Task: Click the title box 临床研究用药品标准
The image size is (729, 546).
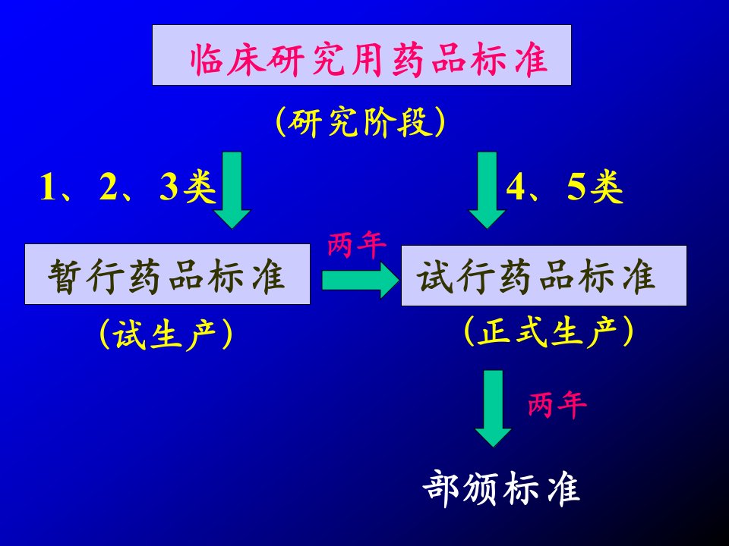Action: pos(361,55)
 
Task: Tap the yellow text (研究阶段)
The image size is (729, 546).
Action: pos(360,122)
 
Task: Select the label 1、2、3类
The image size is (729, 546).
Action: pos(128,187)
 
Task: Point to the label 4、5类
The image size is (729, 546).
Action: pos(564,187)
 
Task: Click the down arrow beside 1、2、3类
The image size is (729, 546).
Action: pos(232,190)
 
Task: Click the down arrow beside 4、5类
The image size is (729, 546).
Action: pos(487,190)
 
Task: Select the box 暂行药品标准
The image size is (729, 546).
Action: pos(167,274)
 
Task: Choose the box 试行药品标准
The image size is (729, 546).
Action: pos(544,275)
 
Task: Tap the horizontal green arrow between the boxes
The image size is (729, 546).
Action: pos(360,281)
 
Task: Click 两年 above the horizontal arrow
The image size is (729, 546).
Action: pos(357,244)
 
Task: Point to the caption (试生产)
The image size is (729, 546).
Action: pos(166,334)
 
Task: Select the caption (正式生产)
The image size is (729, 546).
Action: pos(548,331)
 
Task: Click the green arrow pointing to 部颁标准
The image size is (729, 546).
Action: pos(493,409)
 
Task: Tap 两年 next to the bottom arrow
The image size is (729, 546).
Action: pos(557,404)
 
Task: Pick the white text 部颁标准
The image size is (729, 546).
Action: pos(501,488)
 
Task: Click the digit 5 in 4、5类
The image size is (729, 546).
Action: pos(576,187)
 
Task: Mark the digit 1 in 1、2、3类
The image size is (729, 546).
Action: pos(47,187)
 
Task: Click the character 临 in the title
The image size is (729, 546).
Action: pos(207,59)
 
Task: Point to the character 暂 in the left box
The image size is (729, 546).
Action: pos(65,276)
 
